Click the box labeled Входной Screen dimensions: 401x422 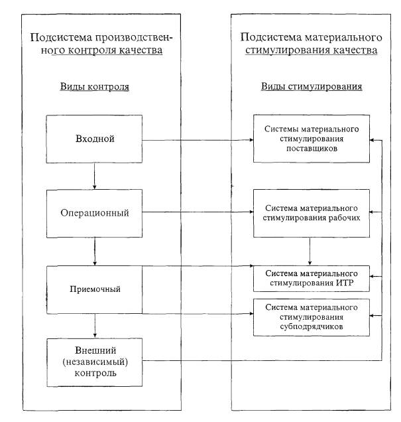pos(94,139)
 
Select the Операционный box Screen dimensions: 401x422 pos(94,214)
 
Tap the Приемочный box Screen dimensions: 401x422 pos(94,290)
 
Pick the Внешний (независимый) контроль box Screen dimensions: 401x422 pos(95,362)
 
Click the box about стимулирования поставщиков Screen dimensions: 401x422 pos(312,139)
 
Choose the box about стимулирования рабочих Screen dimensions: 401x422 pos(312,213)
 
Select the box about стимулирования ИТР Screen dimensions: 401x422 pos(312,279)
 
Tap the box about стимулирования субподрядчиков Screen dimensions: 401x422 pos(312,317)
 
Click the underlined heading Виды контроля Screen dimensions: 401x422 pos(95,87)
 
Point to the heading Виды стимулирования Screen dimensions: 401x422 pos(312,87)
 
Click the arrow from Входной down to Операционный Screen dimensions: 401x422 pos(94,176)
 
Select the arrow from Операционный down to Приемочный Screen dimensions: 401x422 pos(95,251)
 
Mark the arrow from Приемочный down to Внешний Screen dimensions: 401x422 pos(95,326)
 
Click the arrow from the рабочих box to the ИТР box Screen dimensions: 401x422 pos(310,251)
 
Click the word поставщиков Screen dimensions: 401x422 pos(312,149)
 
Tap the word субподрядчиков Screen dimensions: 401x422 pos(312,326)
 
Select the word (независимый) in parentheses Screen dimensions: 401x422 pos(95,362)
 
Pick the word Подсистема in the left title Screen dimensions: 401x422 pos(61,37)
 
